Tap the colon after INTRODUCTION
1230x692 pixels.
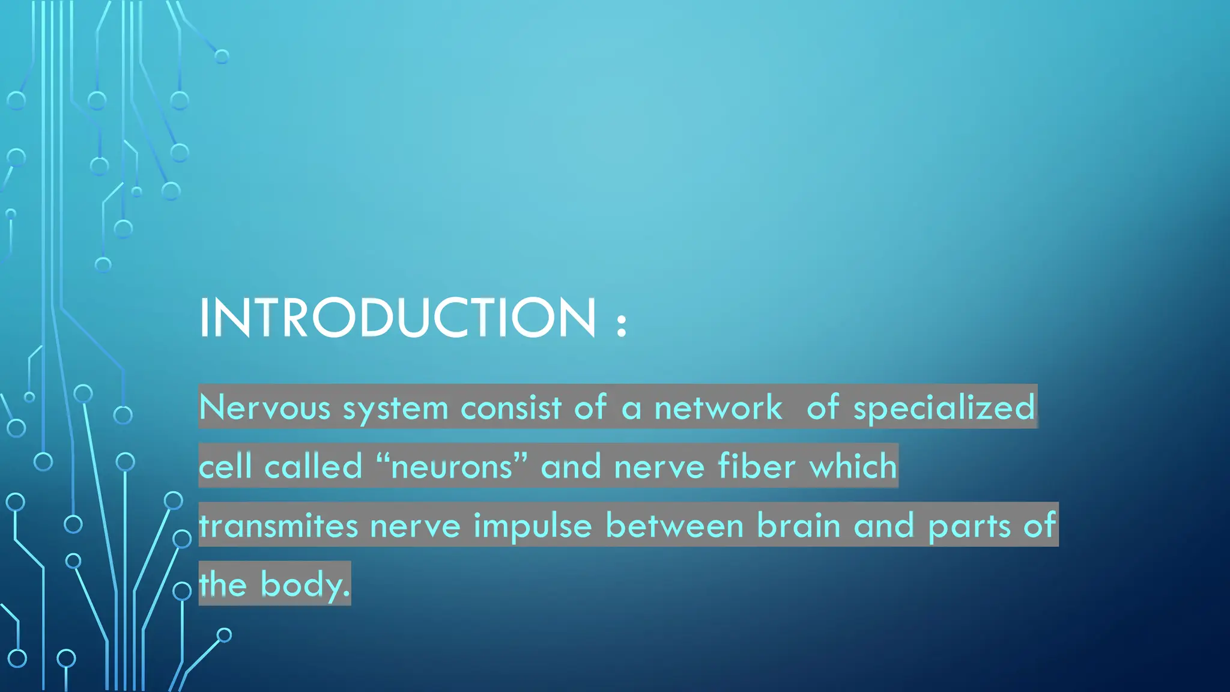point(622,324)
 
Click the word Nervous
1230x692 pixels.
point(264,407)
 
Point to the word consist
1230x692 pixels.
point(511,407)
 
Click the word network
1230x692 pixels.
point(718,407)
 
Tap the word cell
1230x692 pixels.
point(225,466)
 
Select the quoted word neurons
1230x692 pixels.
point(452,466)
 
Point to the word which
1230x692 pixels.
point(853,466)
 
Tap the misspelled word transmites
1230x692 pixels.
point(279,526)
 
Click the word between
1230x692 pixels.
point(674,526)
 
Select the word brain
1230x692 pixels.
point(798,526)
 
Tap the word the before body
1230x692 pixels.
point(223,584)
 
